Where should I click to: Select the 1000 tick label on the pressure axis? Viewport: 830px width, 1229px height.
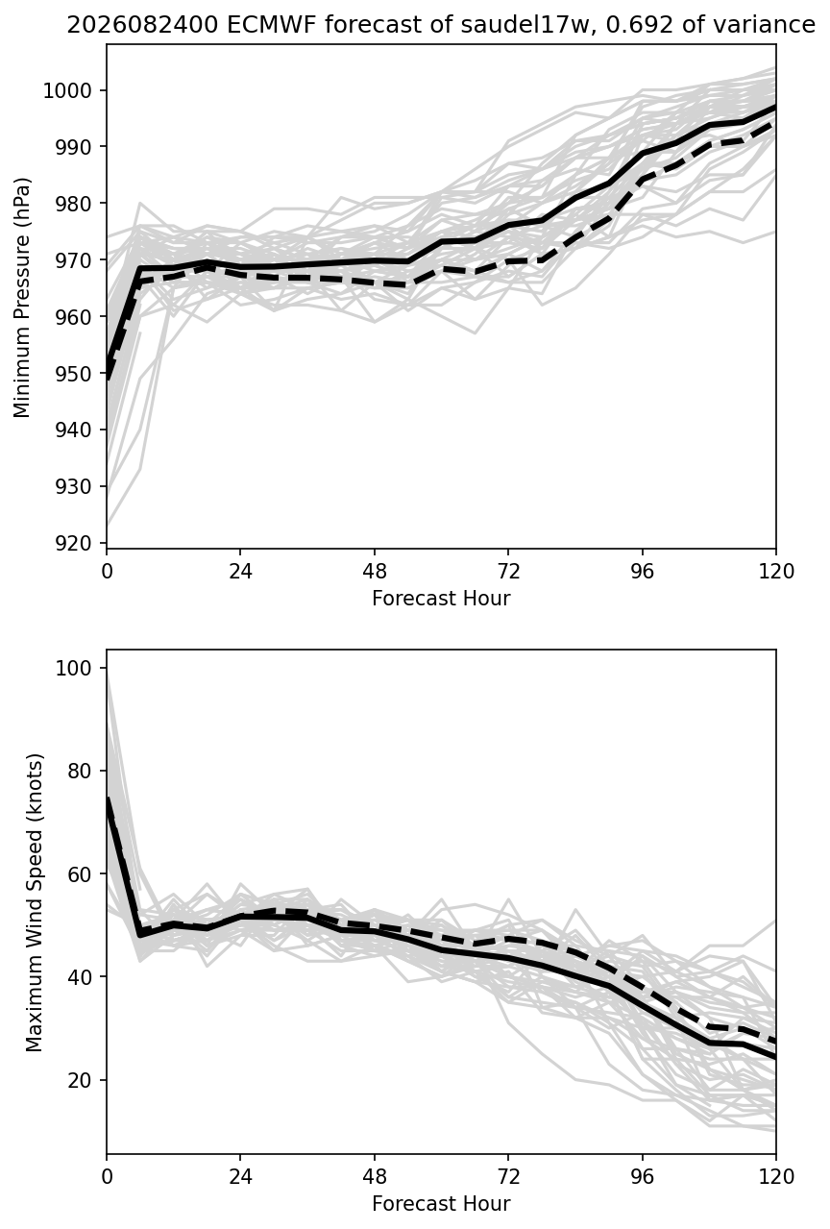[x=66, y=90]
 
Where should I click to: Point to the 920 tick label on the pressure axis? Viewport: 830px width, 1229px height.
[x=72, y=543]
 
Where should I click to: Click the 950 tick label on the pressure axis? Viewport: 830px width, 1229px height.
[x=72, y=374]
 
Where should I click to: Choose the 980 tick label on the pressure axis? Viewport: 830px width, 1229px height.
[x=72, y=204]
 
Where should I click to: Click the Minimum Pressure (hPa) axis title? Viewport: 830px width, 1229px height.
[x=22, y=297]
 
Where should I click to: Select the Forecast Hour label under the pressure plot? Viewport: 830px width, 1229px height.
[x=441, y=598]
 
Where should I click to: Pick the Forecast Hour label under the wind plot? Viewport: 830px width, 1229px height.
[x=441, y=1204]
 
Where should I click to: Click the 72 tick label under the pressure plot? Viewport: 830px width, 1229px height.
[x=508, y=572]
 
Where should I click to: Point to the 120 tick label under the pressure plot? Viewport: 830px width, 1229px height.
[x=775, y=572]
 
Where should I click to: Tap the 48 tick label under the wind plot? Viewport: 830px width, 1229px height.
[x=375, y=1177]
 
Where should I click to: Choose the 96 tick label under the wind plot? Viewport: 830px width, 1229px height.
[x=643, y=1177]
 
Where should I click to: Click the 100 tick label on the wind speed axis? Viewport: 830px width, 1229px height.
[x=72, y=668]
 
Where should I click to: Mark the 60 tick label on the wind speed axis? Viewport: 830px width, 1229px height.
[x=79, y=874]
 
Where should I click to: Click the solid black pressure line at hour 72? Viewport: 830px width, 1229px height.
[x=508, y=225]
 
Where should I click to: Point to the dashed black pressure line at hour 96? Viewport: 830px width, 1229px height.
[x=643, y=179]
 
